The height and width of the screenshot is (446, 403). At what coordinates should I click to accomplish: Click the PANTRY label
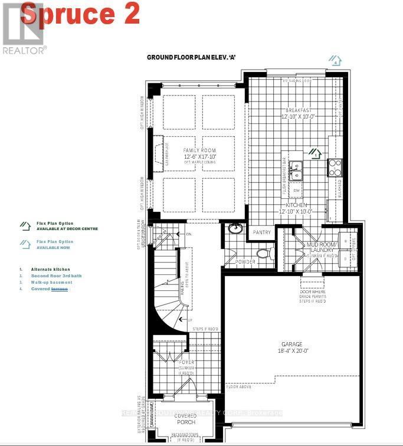pos(262,232)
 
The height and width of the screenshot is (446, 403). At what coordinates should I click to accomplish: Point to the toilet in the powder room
pos(263,254)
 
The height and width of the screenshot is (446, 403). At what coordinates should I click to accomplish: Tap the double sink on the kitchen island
pos(296,169)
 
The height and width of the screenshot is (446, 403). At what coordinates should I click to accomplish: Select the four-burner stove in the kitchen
pos(335,168)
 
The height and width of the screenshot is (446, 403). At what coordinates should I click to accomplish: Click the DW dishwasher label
pos(296,191)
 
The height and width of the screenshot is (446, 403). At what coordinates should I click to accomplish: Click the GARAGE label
pos(291,344)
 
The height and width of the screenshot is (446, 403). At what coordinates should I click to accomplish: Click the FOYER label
pos(186,362)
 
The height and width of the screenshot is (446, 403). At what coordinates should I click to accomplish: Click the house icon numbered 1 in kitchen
pos(315,154)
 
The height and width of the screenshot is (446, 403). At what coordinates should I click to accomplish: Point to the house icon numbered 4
pos(335,60)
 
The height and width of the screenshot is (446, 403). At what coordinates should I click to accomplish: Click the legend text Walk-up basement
pos(53,282)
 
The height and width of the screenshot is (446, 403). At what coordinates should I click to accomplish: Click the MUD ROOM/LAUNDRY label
pos(322,248)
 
